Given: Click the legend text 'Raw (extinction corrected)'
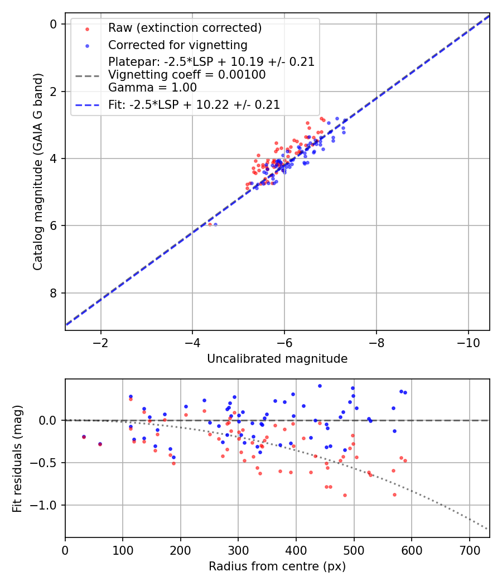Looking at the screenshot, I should pyautogui.click(x=185, y=28).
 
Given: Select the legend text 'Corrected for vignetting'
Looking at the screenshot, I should pyautogui.click(x=178, y=45).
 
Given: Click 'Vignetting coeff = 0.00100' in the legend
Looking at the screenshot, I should pyautogui.click(x=187, y=75).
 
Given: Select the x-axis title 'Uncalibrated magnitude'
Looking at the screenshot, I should pyautogui.click(x=277, y=359).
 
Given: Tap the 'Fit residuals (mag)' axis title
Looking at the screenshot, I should pyautogui.click(x=18, y=458).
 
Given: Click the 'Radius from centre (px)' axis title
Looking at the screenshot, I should pyautogui.click(x=277, y=566).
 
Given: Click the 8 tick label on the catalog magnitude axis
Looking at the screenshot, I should pyautogui.click(x=54, y=293).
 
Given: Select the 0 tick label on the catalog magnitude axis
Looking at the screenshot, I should pyautogui.click(x=54, y=24).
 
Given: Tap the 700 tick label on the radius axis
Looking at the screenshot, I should pyautogui.click(x=469, y=549).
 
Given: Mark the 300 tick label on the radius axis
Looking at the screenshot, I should pyautogui.click(x=238, y=549).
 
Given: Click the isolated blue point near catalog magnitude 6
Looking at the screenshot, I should pyautogui.click(x=215, y=224).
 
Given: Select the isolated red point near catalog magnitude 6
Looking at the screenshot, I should pyautogui.click(x=210, y=224).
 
